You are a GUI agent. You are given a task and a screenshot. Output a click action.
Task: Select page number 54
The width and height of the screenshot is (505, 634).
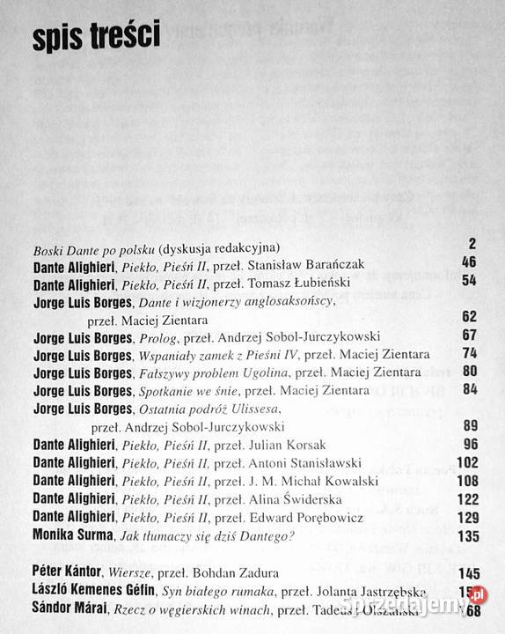click(x=467, y=281)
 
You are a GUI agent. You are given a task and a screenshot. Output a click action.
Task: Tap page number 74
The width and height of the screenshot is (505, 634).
click(x=467, y=354)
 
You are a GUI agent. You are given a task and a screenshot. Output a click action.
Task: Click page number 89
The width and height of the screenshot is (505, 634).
click(x=467, y=426)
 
